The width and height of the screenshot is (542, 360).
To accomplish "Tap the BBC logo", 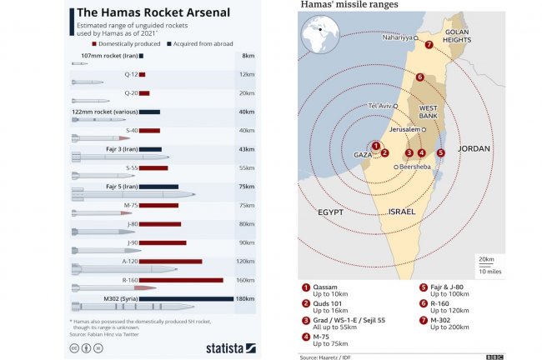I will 494,357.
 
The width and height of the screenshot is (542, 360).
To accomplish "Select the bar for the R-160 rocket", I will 181,280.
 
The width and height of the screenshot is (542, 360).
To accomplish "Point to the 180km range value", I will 245,298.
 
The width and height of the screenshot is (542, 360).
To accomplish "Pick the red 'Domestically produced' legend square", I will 96,42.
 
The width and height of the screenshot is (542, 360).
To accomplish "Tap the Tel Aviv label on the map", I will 379,106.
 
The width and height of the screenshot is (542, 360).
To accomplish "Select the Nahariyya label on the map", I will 397,37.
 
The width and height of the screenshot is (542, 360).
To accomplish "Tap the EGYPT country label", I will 330,212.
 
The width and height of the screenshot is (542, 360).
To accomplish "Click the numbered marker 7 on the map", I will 429,45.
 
